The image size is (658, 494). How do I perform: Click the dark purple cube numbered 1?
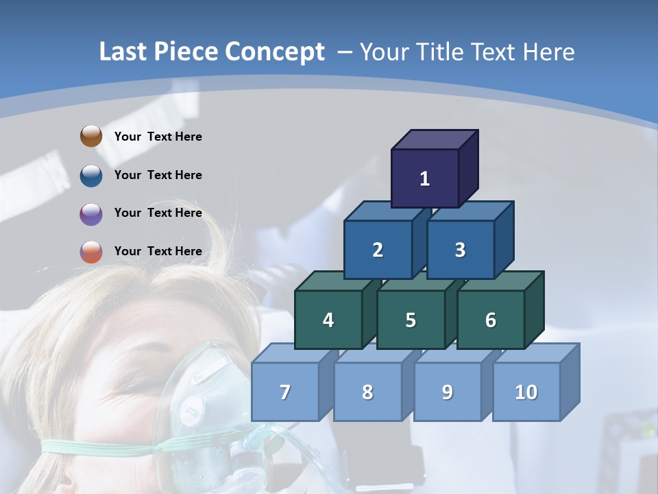[x=425, y=178]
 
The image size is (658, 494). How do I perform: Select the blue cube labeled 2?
[x=378, y=250]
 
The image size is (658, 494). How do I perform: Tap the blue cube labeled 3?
[x=460, y=250]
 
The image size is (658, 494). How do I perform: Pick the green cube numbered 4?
[x=328, y=320]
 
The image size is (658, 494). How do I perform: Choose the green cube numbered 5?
[x=411, y=320]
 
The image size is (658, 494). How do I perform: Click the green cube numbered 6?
[x=491, y=320]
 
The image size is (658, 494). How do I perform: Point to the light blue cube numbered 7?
[x=285, y=392]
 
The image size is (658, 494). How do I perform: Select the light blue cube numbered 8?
[x=367, y=392]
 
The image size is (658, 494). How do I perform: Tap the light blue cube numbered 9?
[x=448, y=392]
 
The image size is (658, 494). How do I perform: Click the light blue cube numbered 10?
[x=526, y=392]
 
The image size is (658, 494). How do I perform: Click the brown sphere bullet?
[x=91, y=137]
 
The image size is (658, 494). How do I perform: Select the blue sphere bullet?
[x=91, y=175]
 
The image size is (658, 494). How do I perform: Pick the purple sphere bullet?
[x=91, y=213]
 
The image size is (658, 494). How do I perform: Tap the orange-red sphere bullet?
[x=91, y=252]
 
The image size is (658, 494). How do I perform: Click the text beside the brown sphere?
[x=158, y=137]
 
